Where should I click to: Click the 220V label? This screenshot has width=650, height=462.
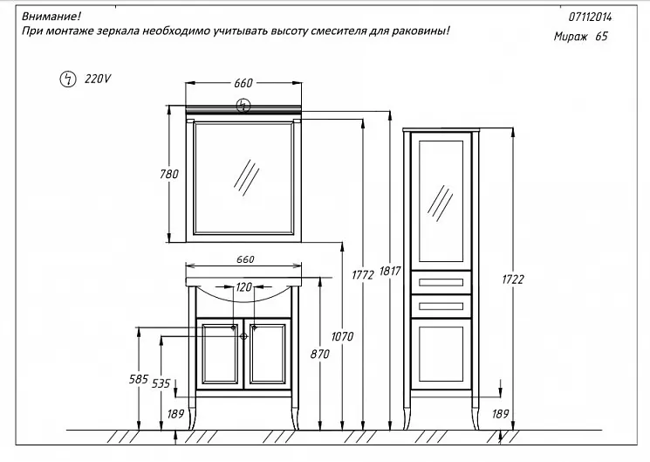point(98,79)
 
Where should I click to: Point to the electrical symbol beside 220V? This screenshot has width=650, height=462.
point(66,79)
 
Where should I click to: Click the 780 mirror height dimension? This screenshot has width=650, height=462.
point(171,174)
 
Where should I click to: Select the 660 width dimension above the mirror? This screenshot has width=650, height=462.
point(243,83)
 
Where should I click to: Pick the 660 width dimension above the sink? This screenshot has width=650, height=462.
point(243,259)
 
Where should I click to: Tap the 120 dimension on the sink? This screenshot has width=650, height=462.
point(243,286)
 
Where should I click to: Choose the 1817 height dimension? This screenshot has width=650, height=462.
point(390,272)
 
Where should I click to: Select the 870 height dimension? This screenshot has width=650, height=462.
point(320,355)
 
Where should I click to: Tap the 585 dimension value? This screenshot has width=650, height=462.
point(138,380)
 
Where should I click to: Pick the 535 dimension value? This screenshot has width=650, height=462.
point(161,383)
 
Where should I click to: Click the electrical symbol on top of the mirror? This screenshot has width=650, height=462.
point(244,107)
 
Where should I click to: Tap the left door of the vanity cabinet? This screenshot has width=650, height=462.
point(218,353)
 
